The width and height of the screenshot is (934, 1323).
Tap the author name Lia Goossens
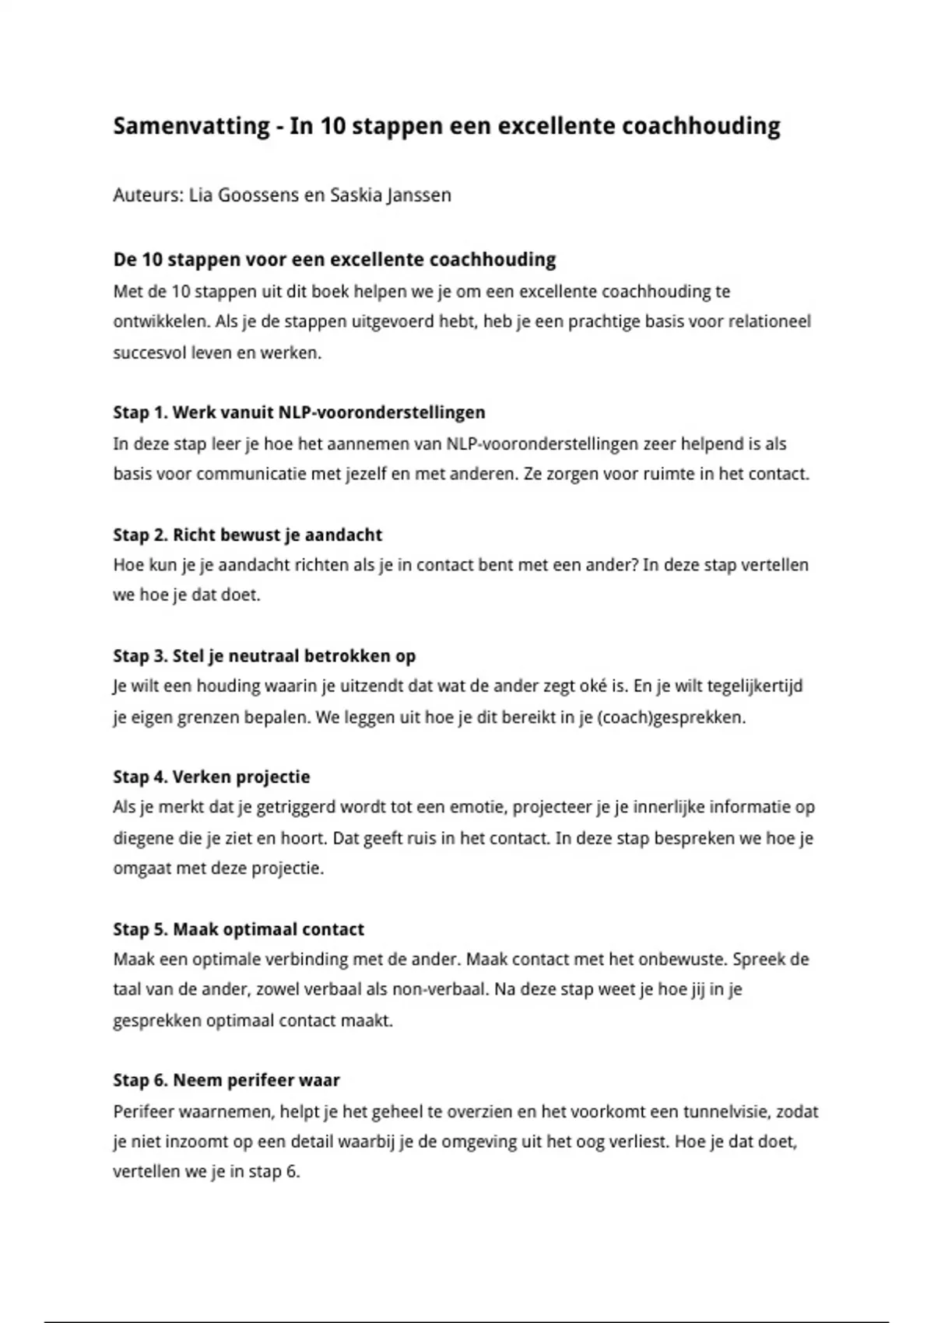pos(246,195)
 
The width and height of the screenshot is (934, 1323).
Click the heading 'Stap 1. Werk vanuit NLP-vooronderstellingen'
pos(299,412)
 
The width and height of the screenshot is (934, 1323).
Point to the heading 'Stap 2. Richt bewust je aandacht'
pos(248,535)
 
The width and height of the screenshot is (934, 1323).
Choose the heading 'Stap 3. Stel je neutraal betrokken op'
pos(265,656)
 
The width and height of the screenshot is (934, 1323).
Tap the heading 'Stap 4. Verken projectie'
pos(212,777)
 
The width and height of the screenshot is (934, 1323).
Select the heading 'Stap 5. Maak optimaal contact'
pos(238,929)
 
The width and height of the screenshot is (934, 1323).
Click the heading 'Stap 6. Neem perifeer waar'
pos(226,1080)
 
